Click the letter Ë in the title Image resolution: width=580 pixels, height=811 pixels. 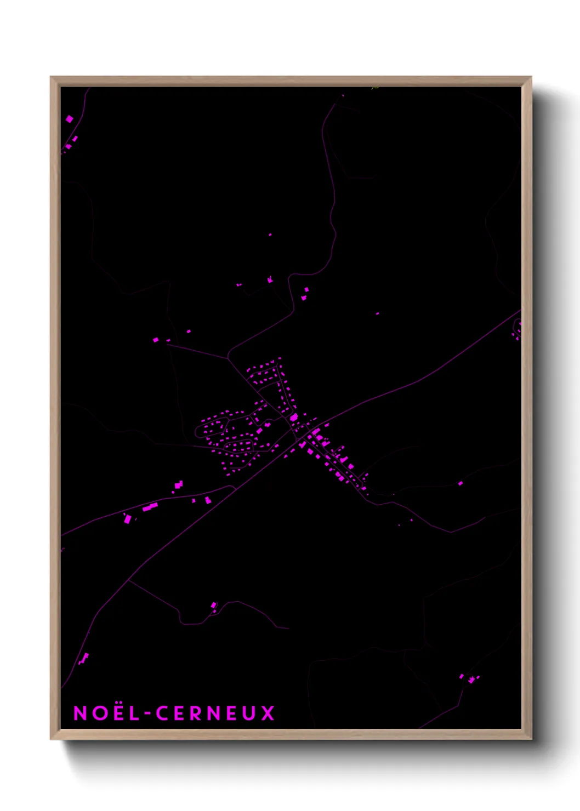pyautogui.click(x=115, y=713)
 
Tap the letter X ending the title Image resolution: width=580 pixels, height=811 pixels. pyautogui.click(x=268, y=713)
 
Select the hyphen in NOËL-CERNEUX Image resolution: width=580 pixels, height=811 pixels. pyautogui.click(x=146, y=714)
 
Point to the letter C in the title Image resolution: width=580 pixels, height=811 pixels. pyautogui.click(x=162, y=713)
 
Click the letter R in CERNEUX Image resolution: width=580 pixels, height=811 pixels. pyautogui.click(x=196, y=713)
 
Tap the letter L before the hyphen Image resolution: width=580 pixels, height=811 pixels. pyautogui.click(x=132, y=713)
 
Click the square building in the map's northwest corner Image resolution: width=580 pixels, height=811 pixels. pyautogui.click(x=69, y=119)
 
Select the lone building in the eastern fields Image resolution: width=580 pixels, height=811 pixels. pyautogui.click(x=460, y=483)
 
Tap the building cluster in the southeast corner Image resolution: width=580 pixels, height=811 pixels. pyautogui.click(x=470, y=678)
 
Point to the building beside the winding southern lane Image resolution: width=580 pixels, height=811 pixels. pyautogui.click(x=214, y=606)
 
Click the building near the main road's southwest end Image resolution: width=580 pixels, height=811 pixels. pyautogui.click(x=84, y=658)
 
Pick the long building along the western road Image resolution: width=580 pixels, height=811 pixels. pyautogui.click(x=150, y=507)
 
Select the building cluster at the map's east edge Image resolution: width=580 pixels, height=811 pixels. pyautogui.click(x=516, y=330)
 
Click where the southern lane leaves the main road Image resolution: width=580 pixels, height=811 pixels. pyautogui.click(x=130, y=580)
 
